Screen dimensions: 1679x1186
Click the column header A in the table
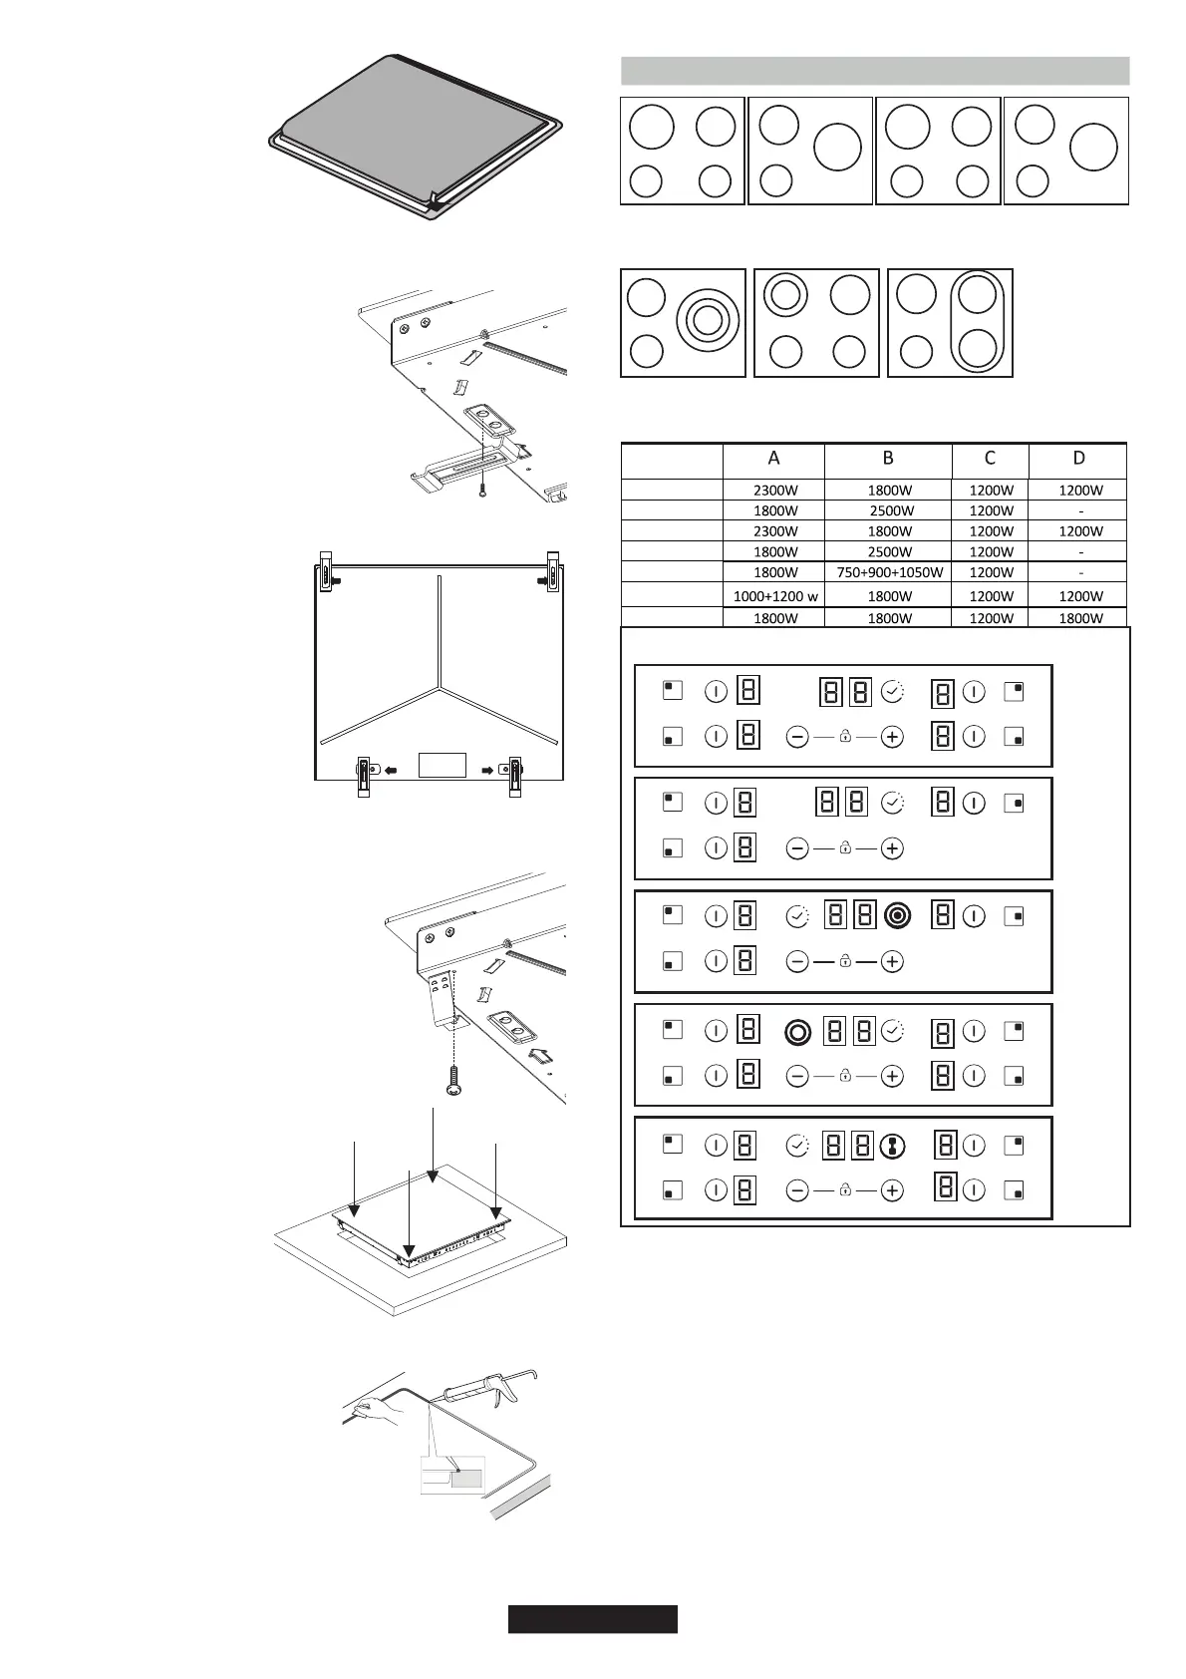click(x=773, y=459)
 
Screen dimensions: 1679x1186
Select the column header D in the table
click(x=1078, y=459)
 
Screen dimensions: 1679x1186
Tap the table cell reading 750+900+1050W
click(x=888, y=572)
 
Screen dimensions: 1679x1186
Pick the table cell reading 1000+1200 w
click(x=774, y=596)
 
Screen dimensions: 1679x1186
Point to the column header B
click(x=888, y=459)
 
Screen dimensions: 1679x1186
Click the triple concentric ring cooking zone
click(x=707, y=321)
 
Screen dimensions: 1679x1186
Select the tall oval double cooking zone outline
click(x=979, y=321)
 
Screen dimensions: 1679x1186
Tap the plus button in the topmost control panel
click(x=892, y=737)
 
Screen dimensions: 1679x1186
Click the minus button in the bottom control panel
click(x=796, y=1189)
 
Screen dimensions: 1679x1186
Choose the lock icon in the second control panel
click(x=845, y=848)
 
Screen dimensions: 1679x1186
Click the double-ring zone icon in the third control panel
click(x=897, y=915)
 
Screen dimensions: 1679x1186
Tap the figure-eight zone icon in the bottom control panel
click(x=893, y=1147)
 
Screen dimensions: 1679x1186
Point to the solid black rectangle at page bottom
click(x=592, y=1619)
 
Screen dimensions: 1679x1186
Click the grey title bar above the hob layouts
click(x=874, y=71)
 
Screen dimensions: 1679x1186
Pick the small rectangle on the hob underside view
click(x=443, y=765)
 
